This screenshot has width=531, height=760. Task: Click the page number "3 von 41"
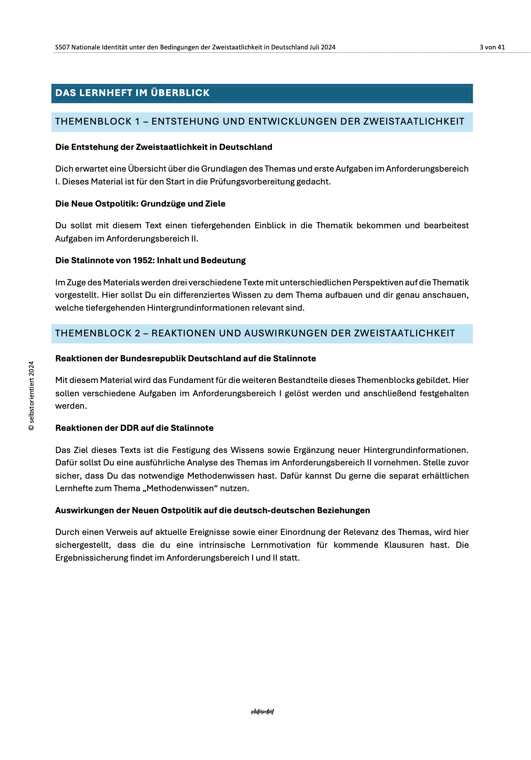click(x=492, y=47)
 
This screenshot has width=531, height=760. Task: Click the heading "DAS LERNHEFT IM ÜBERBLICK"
click(x=133, y=93)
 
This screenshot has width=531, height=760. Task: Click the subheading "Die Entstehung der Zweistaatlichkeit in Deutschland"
click(x=163, y=147)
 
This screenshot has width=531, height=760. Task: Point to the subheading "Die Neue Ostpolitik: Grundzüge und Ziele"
click(x=140, y=204)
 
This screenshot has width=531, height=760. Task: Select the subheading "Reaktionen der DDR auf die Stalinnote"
click(x=134, y=428)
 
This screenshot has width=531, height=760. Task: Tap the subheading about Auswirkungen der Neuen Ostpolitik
click(x=212, y=510)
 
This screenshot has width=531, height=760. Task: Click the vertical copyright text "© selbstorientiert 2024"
click(x=31, y=396)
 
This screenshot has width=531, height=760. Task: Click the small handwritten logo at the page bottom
click(x=262, y=712)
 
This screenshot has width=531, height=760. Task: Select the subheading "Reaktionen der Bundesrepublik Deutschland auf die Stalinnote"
click(x=186, y=358)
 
